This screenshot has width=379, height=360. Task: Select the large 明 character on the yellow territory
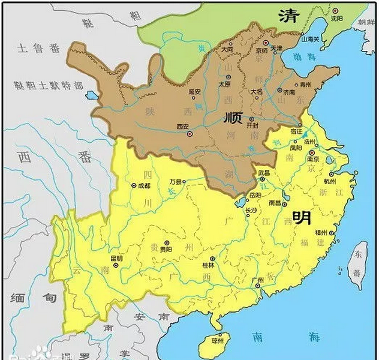tap(302, 217)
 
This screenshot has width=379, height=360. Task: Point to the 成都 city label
tap(143, 186)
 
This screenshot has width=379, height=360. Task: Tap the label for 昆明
tap(116, 259)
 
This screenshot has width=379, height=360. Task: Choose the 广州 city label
tap(259, 280)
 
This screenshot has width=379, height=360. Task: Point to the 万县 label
tap(174, 181)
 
